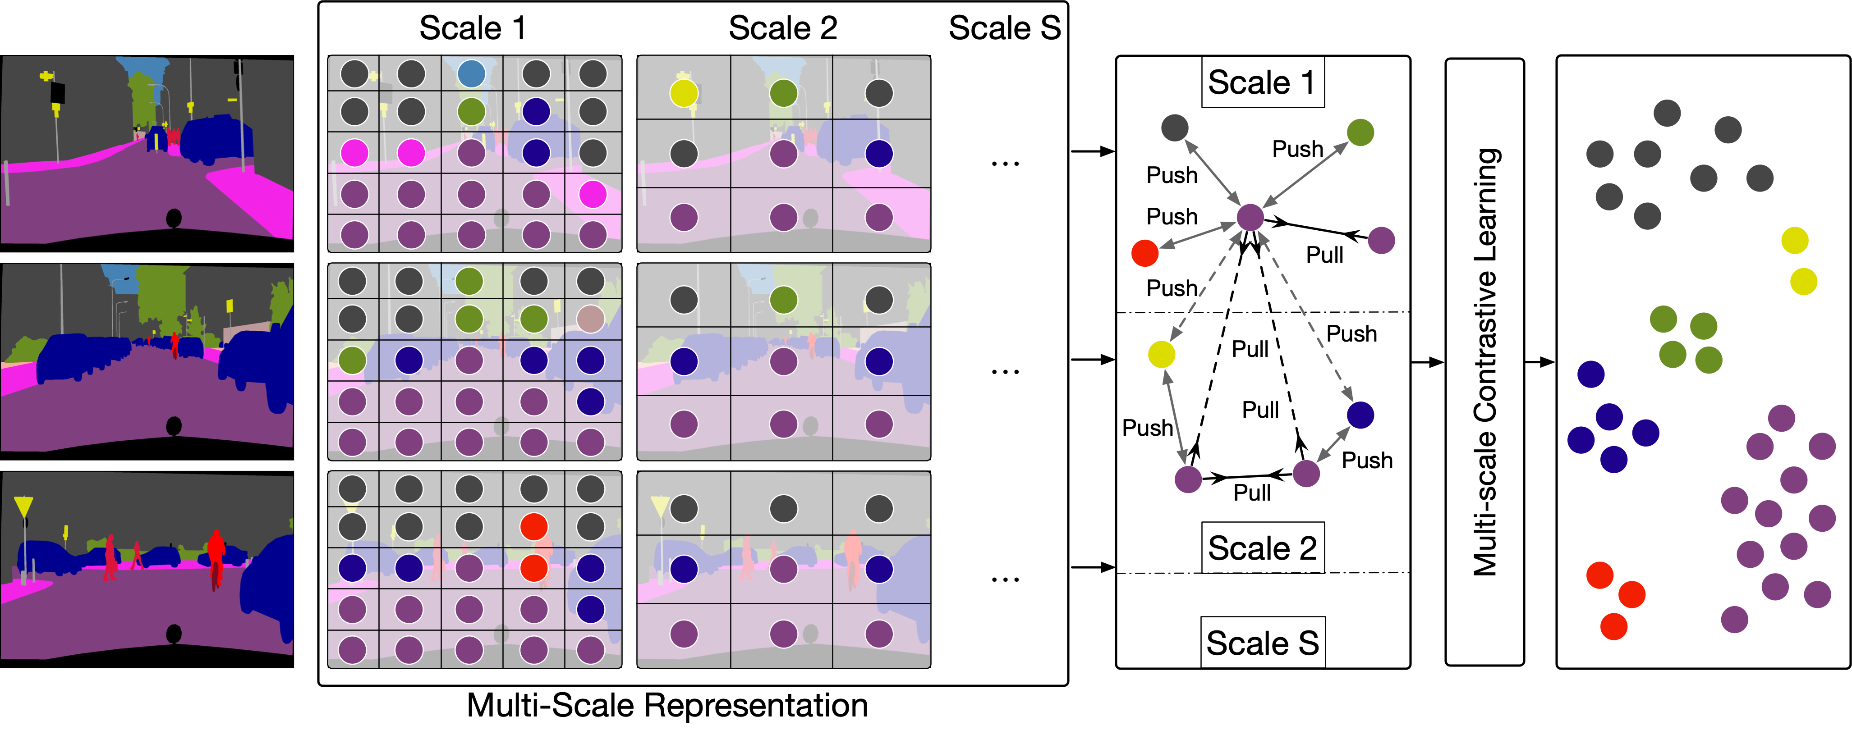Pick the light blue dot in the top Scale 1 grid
click(x=471, y=73)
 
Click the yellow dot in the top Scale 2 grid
click(x=684, y=93)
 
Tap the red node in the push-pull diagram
click(x=1144, y=253)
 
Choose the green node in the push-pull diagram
click(x=1360, y=132)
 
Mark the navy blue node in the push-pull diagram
click(x=1360, y=415)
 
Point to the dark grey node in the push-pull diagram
click(x=1175, y=128)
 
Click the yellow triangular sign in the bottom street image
click(x=24, y=506)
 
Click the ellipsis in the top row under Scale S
click(x=1004, y=164)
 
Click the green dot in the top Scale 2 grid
click(x=783, y=93)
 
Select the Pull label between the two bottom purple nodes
click(x=1252, y=493)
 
